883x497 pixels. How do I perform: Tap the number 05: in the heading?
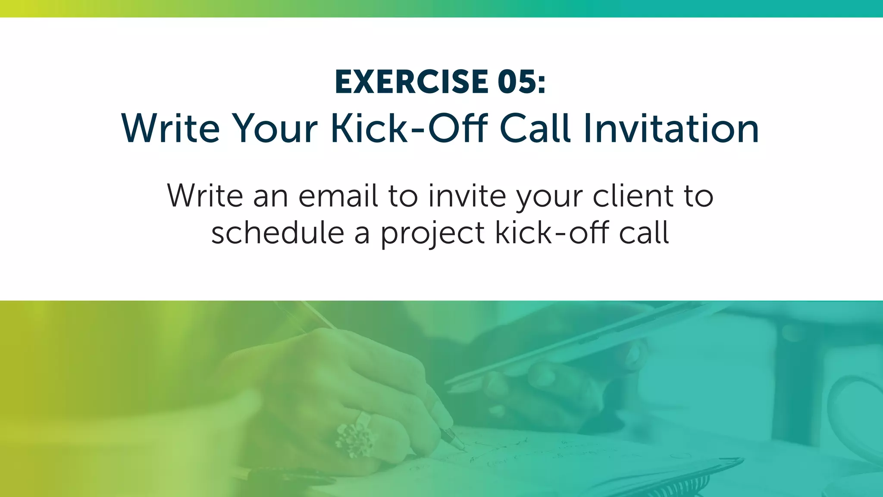pos(521,82)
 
